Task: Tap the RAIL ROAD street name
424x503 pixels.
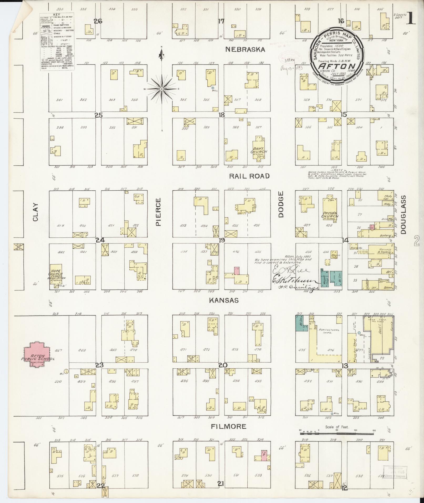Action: (249, 176)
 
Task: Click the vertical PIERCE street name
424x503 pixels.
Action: (158, 212)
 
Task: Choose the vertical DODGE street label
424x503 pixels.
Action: (281, 208)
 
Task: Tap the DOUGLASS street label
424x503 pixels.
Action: (403, 215)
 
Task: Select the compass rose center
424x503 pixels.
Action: (162, 89)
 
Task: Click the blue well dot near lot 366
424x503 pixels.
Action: (213, 88)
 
